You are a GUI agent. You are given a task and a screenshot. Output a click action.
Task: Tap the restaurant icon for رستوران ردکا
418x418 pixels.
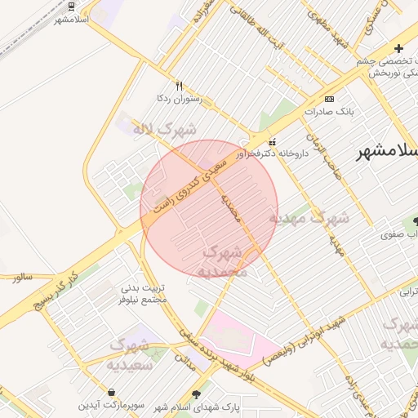point(180,86)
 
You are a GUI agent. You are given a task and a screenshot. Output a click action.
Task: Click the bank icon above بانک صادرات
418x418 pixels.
point(329,98)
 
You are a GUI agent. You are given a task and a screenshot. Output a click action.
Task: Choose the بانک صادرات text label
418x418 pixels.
point(329,111)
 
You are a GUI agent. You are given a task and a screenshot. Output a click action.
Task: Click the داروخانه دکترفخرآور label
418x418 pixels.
point(269,153)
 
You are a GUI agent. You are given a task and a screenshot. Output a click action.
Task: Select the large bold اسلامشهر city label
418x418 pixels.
point(388,153)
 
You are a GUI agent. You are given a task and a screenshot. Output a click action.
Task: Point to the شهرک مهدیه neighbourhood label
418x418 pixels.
point(310,219)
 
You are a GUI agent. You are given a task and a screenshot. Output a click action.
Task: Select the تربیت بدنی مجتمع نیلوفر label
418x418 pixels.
point(144,294)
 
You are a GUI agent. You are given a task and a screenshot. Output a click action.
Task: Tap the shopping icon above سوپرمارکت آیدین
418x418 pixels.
point(111,392)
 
